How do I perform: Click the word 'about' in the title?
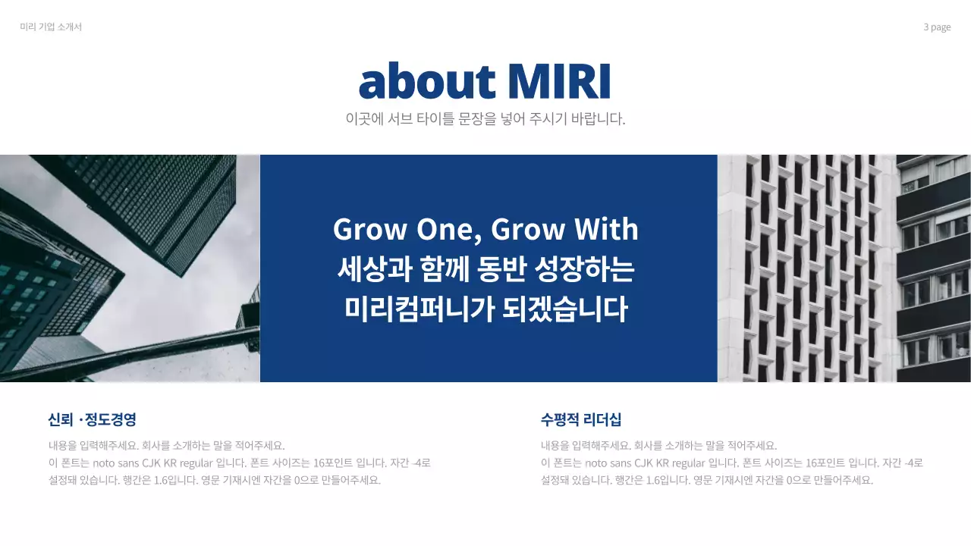click(427, 81)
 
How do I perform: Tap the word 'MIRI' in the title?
click(559, 81)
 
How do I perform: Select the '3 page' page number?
click(937, 27)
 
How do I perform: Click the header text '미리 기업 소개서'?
click(51, 27)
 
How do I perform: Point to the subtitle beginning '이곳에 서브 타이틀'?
click(485, 119)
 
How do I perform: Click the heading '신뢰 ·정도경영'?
click(92, 419)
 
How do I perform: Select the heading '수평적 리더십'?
click(581, 419)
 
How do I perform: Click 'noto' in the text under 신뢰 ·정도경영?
click(108, 463)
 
